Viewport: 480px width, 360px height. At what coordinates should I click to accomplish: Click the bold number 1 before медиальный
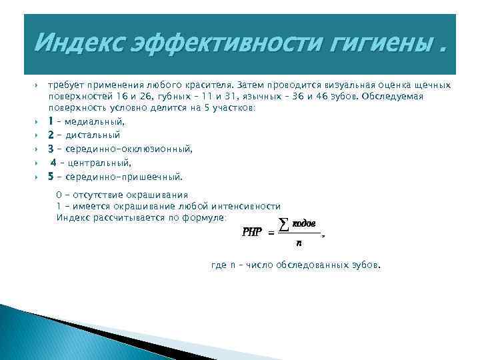[51, 121]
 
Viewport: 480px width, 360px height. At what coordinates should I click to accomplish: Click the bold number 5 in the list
[51, 177]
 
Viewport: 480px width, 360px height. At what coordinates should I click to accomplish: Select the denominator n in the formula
[299, 244]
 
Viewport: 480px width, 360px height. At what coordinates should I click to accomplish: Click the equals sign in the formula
[271, 233]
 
